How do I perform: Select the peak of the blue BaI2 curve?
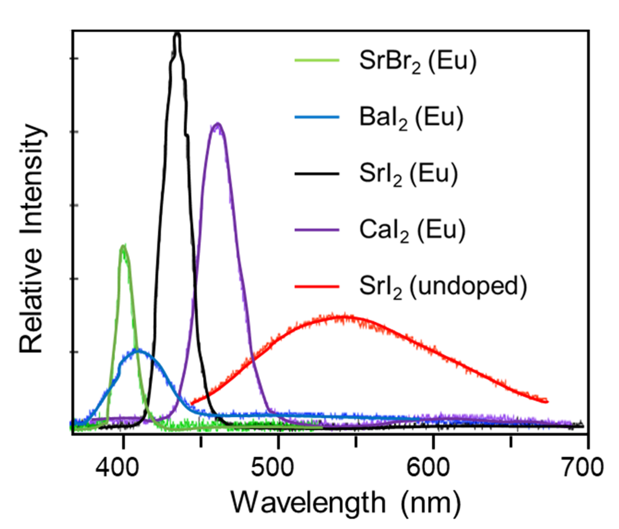coord(138,350)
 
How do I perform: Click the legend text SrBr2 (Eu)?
coord(418,61)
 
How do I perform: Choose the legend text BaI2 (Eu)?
coord(411,118)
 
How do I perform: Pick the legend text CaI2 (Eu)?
coord(412,230)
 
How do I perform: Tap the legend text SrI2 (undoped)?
coord(443,287)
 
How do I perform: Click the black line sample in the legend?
coord(317,173)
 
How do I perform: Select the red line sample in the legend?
coord(317,286)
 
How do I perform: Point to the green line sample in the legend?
coord(317,60)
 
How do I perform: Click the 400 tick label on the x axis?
coord(117,467)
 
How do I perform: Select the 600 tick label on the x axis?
coord(428,467)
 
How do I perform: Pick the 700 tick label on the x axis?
coord(582,467)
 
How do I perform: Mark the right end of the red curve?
coord(547,401)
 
